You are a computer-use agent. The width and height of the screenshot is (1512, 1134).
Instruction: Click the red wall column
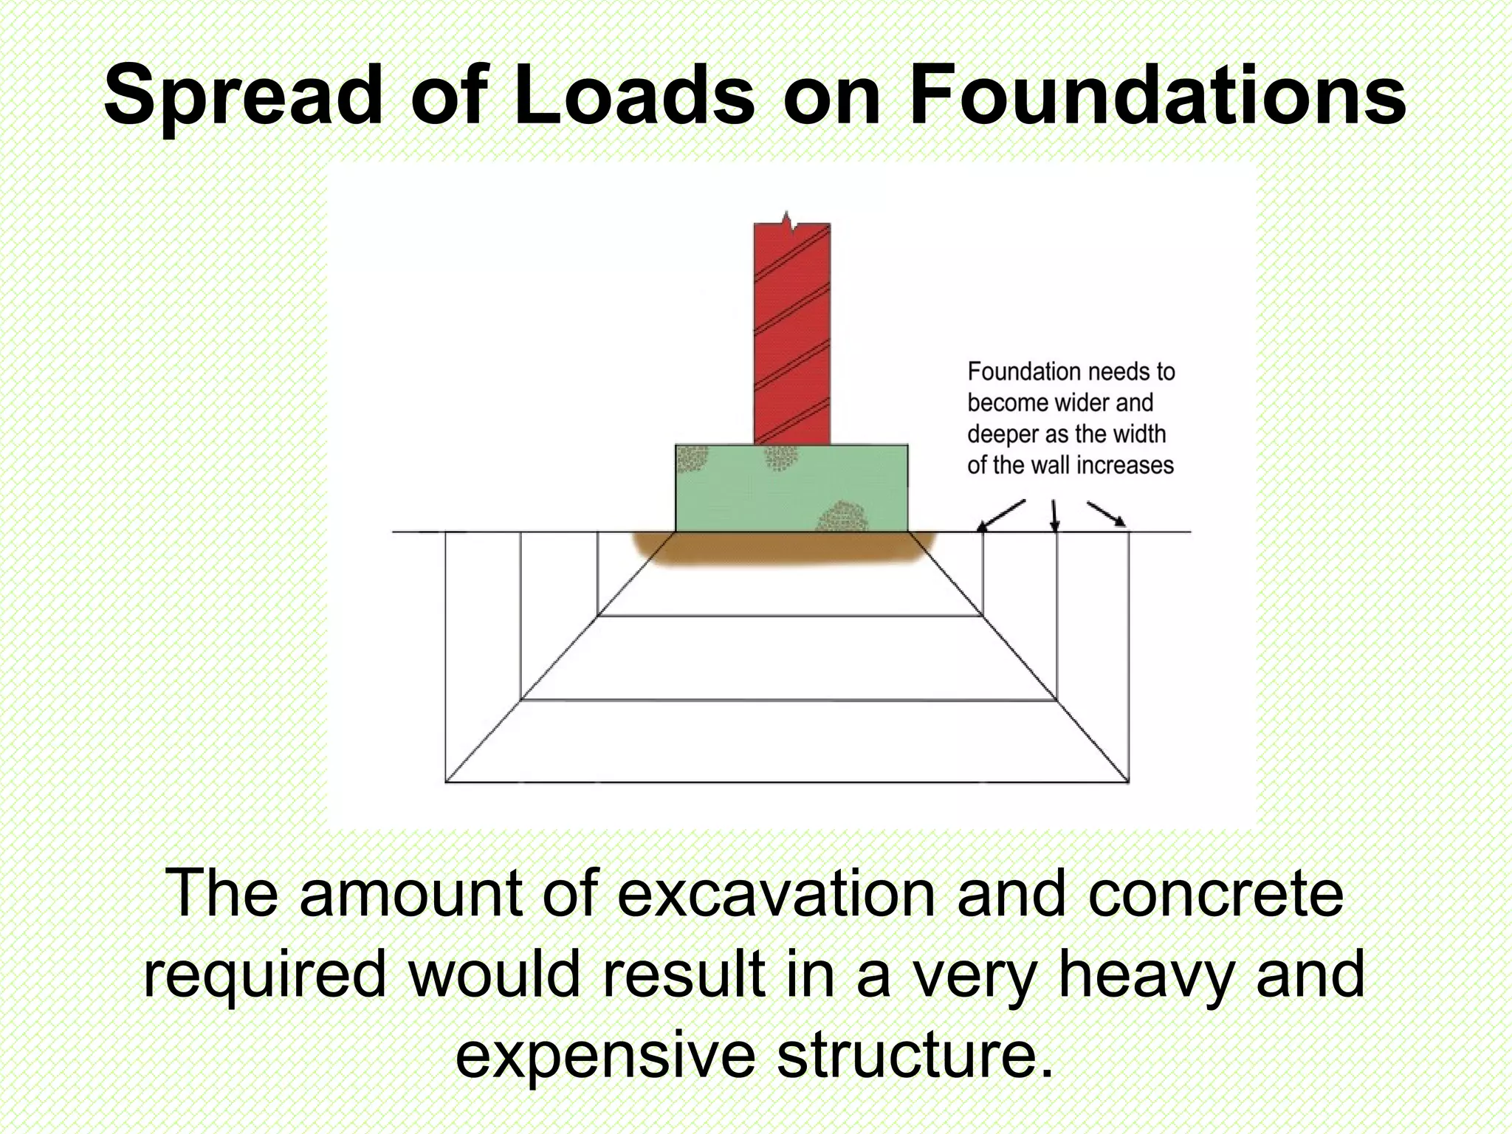(x=791, y=332)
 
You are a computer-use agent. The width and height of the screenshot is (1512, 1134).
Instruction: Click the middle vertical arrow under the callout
(x=1055, y=515)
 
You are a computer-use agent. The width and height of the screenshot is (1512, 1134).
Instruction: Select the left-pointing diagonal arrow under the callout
(x=1001, y=515)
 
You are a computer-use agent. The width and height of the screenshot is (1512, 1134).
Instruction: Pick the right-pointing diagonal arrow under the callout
(x=1106, y=514)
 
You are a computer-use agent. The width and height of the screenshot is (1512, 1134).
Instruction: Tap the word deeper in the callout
(x=1003, y=435)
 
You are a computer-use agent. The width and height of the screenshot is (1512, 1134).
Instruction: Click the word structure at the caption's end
(x=915, y=1056)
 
